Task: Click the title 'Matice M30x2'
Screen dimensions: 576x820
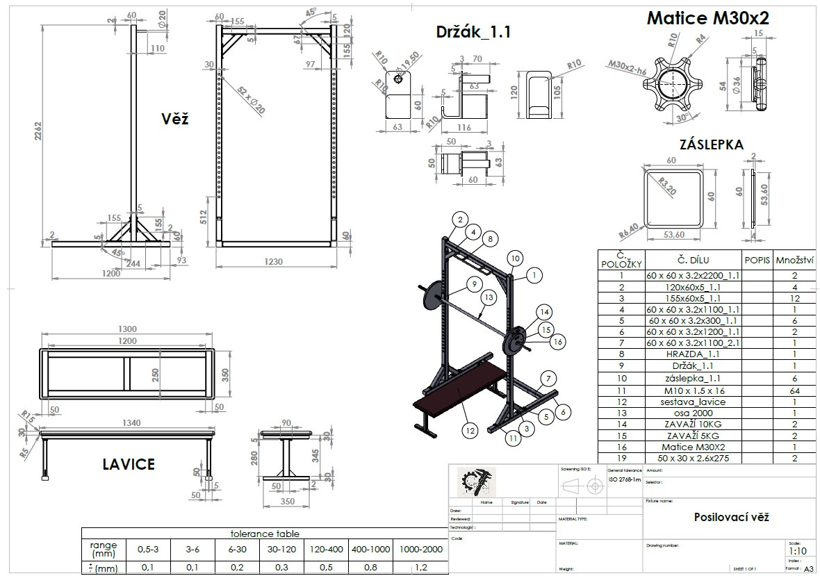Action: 707,19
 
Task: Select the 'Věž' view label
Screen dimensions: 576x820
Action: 174,119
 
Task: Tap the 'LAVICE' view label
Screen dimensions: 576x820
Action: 129,463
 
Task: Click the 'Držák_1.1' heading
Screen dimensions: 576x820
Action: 473,31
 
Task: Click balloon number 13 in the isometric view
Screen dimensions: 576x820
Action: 489,297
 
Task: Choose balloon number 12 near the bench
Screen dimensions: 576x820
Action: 470,430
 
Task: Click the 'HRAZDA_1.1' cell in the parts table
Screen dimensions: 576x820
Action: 694,354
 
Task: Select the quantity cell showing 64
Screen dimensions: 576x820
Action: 794,390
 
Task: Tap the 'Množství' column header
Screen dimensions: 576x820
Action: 794,261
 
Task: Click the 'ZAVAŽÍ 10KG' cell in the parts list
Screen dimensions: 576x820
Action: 694,424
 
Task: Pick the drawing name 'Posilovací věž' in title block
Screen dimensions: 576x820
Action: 731,517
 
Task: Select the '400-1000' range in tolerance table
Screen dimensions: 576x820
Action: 370,549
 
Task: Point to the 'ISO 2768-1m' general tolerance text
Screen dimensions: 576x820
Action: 623,479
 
